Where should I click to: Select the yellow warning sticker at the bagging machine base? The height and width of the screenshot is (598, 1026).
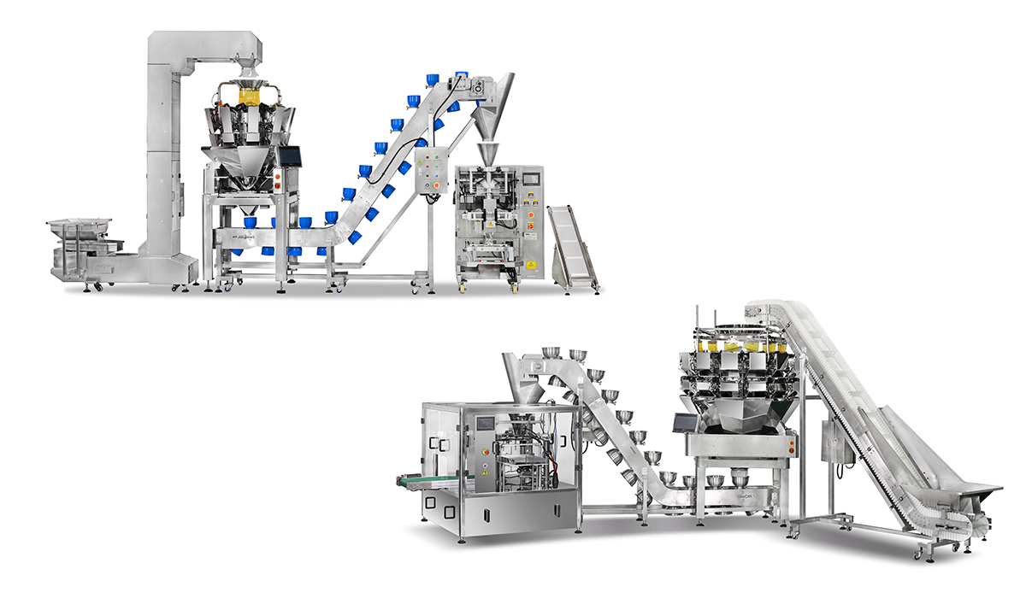[531, 266]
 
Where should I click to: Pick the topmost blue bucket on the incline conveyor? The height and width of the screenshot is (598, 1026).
[463, 76]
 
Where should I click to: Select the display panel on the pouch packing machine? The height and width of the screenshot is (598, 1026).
[486, 422]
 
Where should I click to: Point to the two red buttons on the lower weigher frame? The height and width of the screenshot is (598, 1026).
[792, 445]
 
